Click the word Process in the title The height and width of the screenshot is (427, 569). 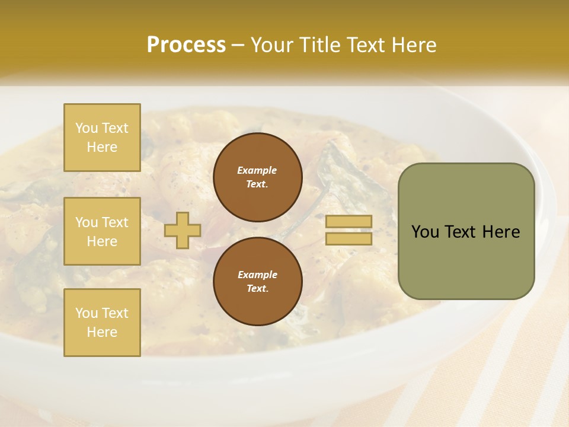coord(186,45)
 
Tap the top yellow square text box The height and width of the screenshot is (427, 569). coord(102,138)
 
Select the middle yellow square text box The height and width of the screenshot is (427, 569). coord(102,231)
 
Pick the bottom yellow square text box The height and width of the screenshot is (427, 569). coord(102,323)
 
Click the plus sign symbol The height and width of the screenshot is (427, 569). coord(183,230)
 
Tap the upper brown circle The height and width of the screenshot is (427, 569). coord(257,177)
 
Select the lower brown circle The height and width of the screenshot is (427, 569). coord(257,282)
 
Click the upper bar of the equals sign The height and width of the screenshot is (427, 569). coord(349,222)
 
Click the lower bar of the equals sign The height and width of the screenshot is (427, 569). coord(349,239)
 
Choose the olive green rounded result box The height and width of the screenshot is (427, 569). coord(466,231)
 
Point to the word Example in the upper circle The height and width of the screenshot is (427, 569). coord(257,170)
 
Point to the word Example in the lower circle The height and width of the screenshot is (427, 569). coord(257,275)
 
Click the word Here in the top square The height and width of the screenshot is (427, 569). coord(102,147)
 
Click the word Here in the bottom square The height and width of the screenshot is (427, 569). coord(102,332)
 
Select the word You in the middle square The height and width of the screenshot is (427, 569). coord(87,222)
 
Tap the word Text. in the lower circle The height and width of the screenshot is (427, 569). coord(257,289)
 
